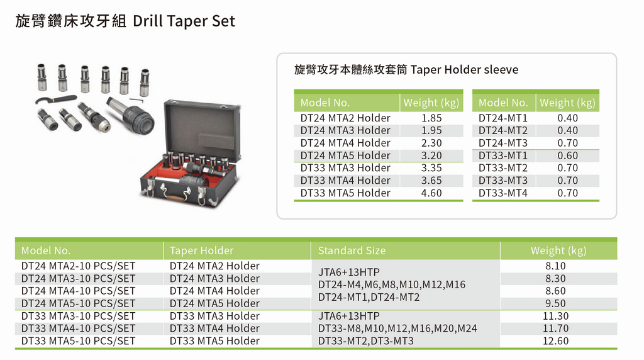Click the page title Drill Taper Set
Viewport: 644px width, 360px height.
184,21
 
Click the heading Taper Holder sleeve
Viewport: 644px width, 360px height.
464,69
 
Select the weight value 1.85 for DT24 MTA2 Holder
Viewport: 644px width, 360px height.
431,118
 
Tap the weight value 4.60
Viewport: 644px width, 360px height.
431,193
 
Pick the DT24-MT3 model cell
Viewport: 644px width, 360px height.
502,143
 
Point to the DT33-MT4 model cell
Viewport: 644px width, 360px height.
502,193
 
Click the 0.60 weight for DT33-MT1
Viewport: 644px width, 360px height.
568,155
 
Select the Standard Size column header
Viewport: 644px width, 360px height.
352,250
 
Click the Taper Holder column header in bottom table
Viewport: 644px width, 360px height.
201,250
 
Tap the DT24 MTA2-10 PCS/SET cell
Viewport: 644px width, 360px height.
78,266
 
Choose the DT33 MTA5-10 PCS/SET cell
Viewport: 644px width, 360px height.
78,340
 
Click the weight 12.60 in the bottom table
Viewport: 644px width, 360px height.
555,340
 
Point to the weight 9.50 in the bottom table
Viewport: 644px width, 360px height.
555,303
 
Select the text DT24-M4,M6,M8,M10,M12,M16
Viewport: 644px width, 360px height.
392,284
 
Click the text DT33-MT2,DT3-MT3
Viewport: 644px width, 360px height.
365,340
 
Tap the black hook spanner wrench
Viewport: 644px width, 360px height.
55,99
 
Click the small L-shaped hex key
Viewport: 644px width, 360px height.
136,101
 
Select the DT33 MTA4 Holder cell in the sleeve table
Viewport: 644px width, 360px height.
345,181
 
